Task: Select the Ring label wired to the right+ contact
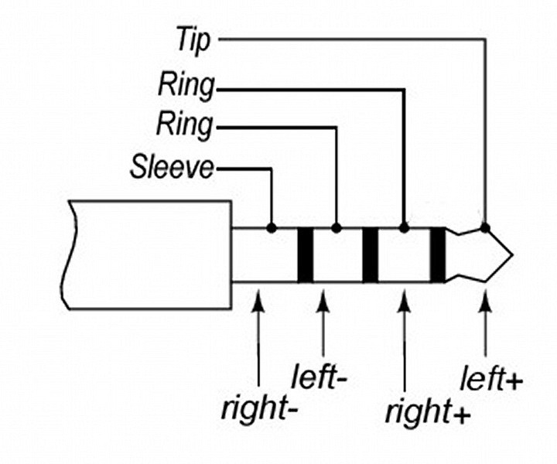(x=185, y=86)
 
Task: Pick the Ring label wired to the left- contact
(x=185, y=124)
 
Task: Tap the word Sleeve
(x=171, y=167)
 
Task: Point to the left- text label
(x=319, y=379)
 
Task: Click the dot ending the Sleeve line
(x=272, y=228)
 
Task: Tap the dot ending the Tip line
(x=485, y=227)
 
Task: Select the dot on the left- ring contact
(x=337, y=228)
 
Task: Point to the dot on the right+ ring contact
(x=404, y=228)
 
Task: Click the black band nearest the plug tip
(x=438, y=255)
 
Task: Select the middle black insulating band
(x=370, y=255)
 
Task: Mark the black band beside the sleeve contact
(x=304, y=255)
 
